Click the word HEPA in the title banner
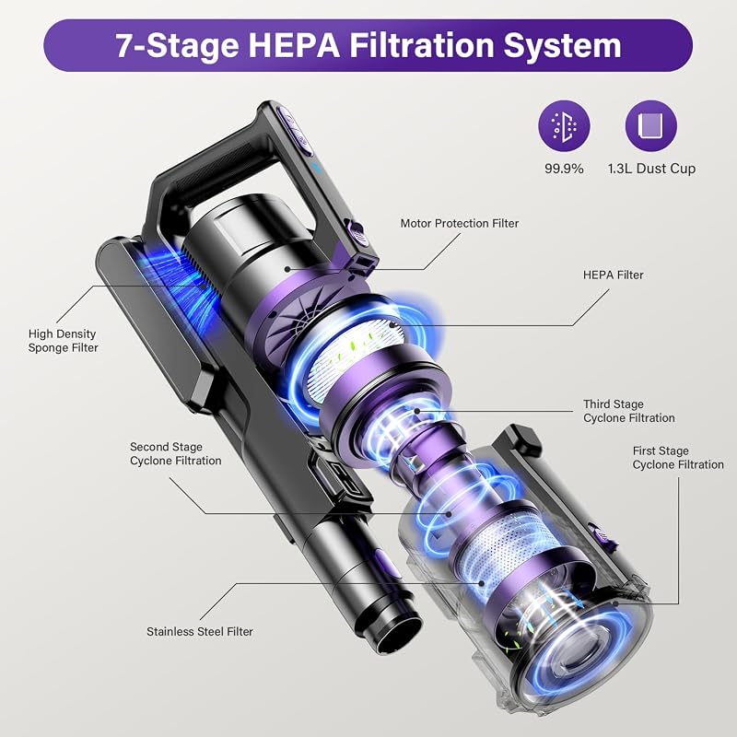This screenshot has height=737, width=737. (x=293, y=45)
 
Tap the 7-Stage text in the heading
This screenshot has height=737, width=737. (x=177, y=45)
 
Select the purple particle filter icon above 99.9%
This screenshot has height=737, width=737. (x=564, y=126)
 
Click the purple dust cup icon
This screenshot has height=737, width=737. (x=651, y=126)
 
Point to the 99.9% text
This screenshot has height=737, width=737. (x=564, y=169)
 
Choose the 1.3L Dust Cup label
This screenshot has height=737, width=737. (x=651, y=169)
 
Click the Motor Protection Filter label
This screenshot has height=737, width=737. (x=459, y=223)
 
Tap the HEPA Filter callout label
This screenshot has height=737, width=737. (x=613, y=275)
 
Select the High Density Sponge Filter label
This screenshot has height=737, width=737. (x=63, y=341)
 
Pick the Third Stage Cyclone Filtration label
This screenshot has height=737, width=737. (x=629, y=411)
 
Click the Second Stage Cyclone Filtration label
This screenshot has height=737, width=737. (x=175, y=454)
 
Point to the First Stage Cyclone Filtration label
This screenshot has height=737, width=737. (x=678, y=458)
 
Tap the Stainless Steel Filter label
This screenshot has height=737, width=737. (x=200, y=631)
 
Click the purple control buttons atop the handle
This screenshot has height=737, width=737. (x=295, y=131)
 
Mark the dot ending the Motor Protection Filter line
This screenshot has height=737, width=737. (x=287, y=269)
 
